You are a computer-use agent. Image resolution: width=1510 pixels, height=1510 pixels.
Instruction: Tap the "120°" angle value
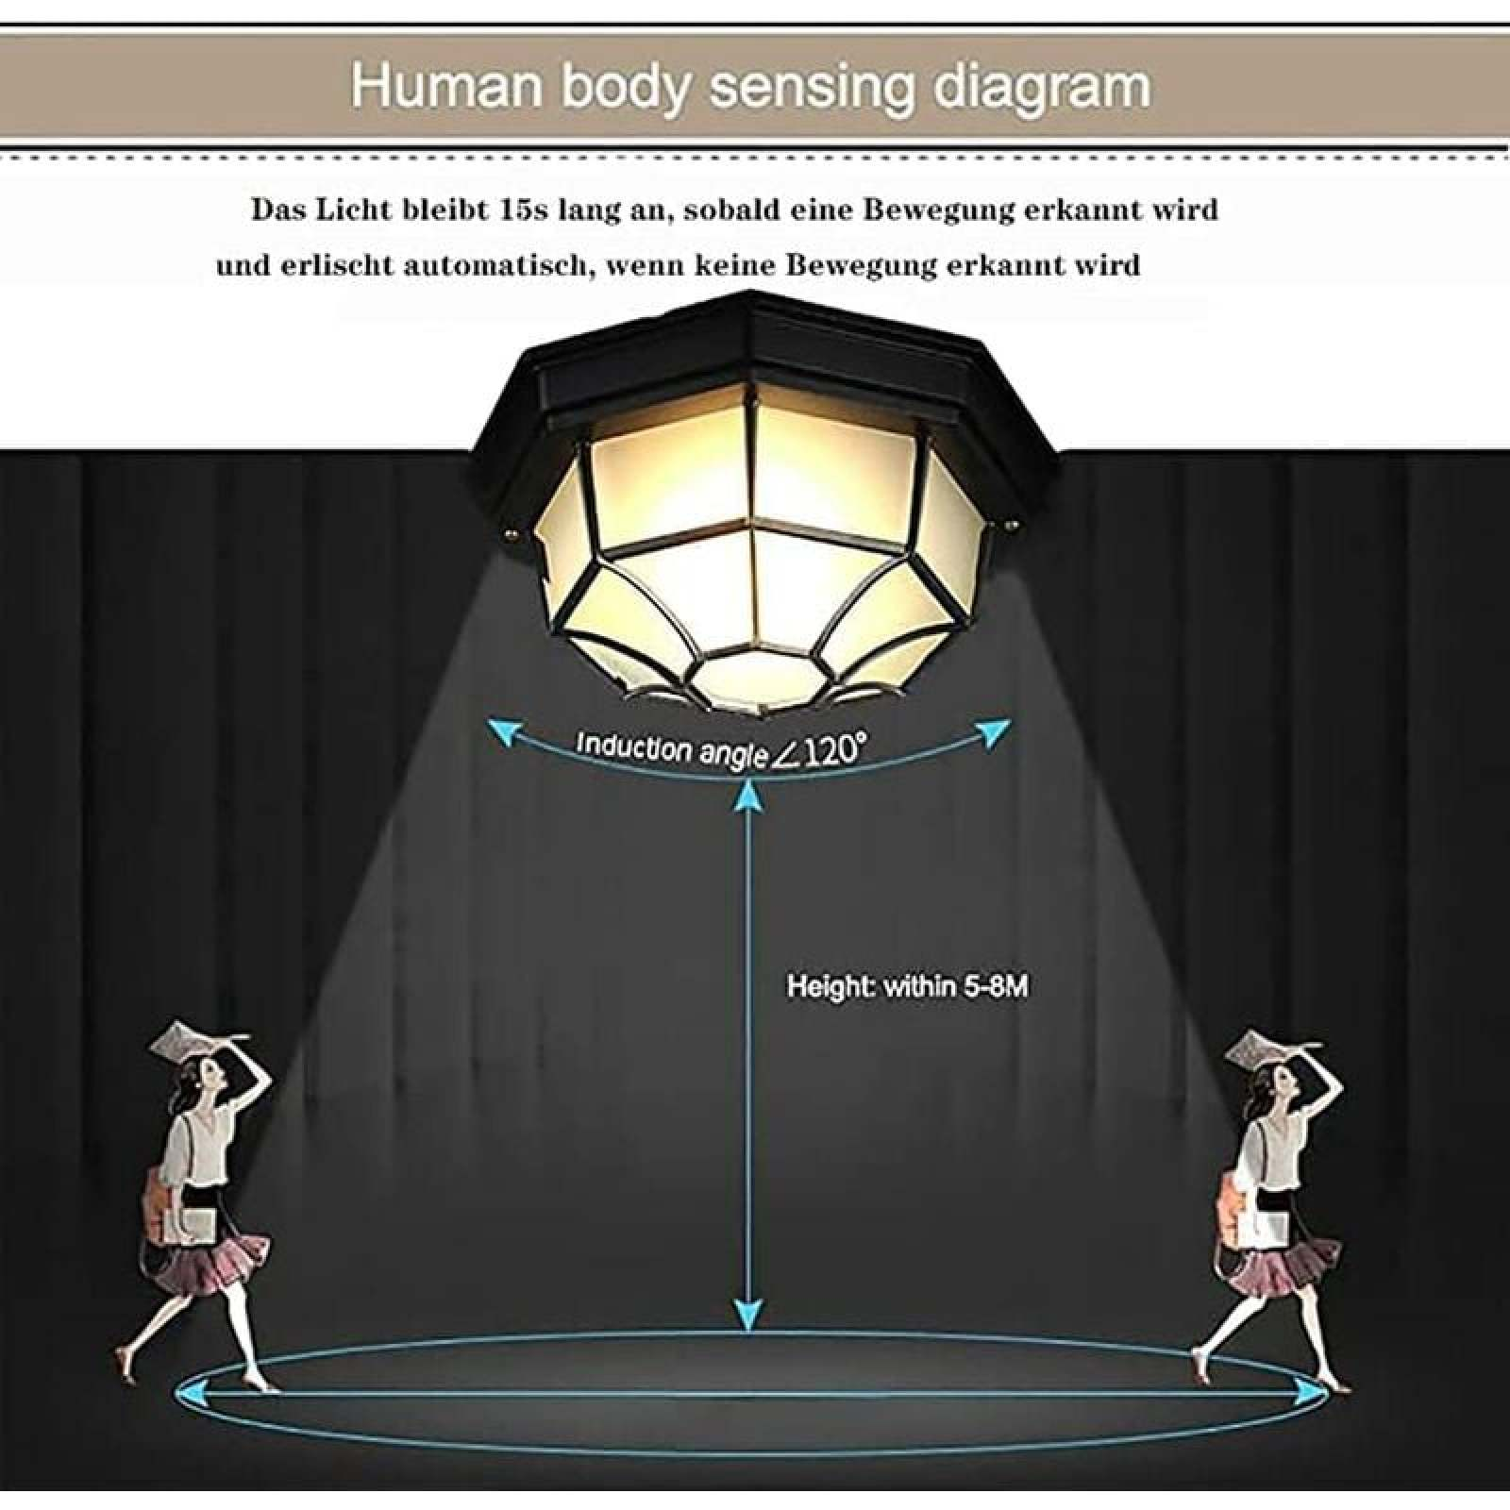[831, 752]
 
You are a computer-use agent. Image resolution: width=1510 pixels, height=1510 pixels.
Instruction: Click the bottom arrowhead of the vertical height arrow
[749, 1313]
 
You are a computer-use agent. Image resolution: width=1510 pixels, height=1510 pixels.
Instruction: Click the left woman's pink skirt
[209, 1260]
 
